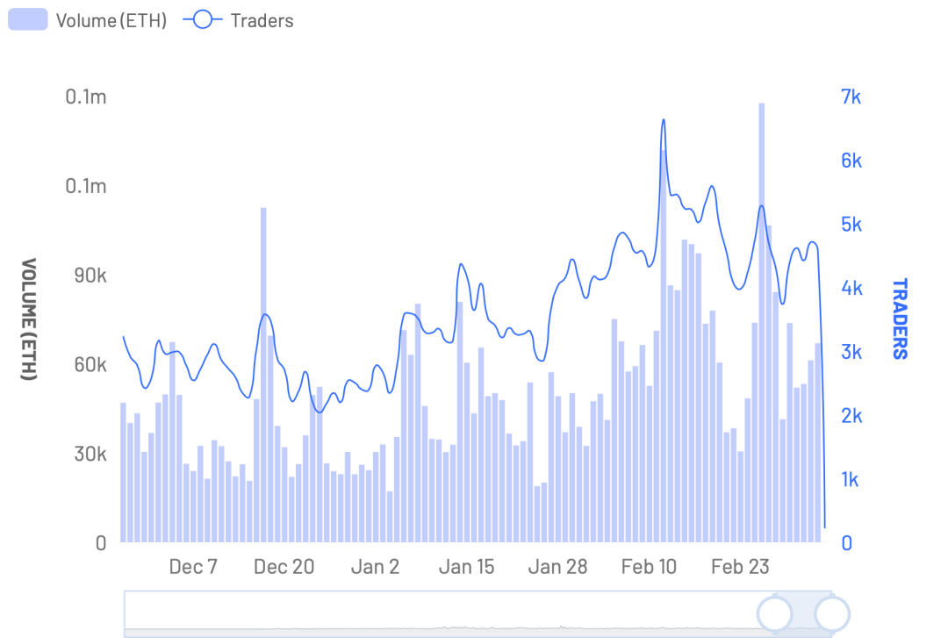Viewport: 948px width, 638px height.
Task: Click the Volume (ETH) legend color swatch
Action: [x=28, y=20]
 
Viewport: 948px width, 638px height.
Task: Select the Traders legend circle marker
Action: [x=203, y=20]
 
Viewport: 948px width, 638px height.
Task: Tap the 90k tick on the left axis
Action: [x=90, y=276]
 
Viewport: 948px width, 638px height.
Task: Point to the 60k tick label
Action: [x=90, y=365]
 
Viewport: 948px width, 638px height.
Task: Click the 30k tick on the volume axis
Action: [x=90, y=454]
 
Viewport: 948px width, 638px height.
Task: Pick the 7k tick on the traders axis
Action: [x=851, y=97]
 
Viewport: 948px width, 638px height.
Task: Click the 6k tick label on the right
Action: [x=851, y=161]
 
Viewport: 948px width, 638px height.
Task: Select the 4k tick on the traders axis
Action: [x=851, y=288]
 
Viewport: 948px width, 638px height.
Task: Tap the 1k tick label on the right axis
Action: [x=850, y=479]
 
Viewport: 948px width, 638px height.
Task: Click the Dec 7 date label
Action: [x=193, y=567]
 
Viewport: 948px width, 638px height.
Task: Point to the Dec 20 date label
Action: [x=284, y=567]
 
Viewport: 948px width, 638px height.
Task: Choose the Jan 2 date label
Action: [x=375, y=567]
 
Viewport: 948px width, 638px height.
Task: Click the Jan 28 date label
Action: [x=557, y=567]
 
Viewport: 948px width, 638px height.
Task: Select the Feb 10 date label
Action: [x=649, y=567]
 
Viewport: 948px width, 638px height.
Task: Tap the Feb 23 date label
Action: [x=740, y=567]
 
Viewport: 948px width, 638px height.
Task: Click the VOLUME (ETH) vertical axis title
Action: [x=29, y=319]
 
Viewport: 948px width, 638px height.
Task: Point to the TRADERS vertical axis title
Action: [x=901, y=319]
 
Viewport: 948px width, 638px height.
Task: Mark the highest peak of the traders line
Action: [x=664, y=119]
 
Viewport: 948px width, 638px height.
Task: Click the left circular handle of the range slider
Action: [x=775, y=613]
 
